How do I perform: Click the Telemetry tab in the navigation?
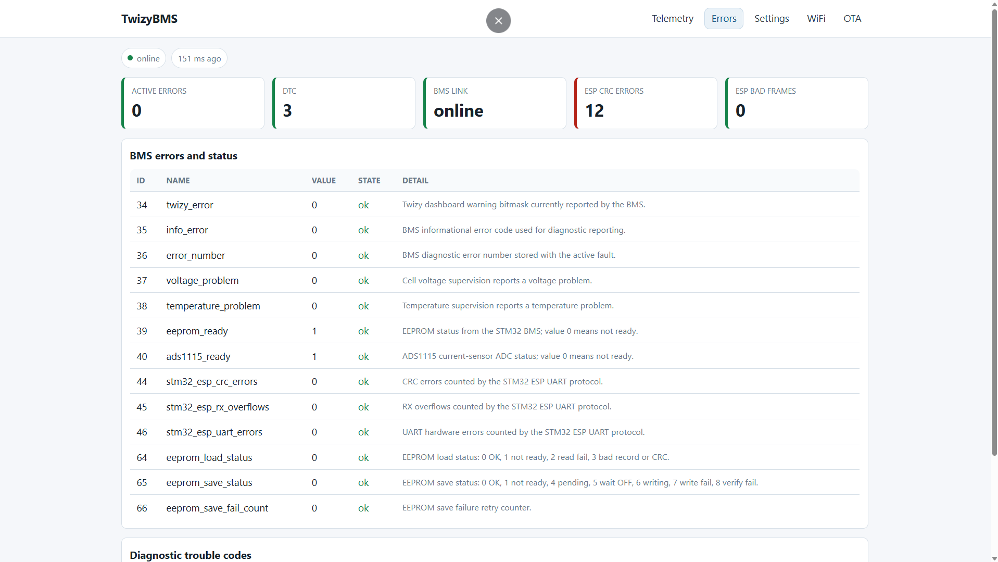(672, 19)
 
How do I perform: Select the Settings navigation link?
(772, 19)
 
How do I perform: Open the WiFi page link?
(816, 19)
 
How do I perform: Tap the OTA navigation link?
(852, 19)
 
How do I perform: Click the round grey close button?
(498, 21)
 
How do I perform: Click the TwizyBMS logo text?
(149, 19)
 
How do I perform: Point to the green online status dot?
(130, 58)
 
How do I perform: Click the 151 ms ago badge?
(199, 58)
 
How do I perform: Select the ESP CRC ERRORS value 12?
(594, 110)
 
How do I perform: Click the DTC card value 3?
(287, 110)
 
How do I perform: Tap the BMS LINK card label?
(450, 91)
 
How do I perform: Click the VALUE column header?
(323, 181)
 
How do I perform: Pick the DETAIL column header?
(415, 181)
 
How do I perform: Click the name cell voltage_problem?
(203, 281)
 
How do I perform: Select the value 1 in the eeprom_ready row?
(314, 331)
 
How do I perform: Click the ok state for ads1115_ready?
(363, 357)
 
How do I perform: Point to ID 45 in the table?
(142, 407)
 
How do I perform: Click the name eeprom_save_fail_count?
(217, 508)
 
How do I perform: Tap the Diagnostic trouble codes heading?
(191, 555)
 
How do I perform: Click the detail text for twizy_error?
(524, 205)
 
